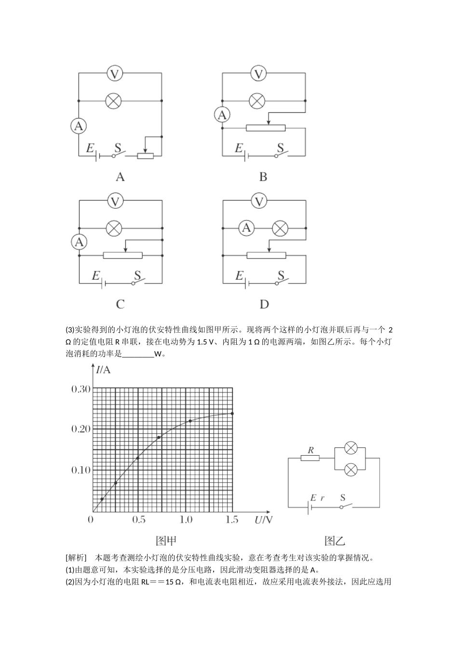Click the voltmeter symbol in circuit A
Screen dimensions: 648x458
click(114, 74)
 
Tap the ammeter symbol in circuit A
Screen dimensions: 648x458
click(79, 126)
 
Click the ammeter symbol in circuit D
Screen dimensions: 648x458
click(246, 228)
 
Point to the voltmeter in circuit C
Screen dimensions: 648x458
click(114, 201)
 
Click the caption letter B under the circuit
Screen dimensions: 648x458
click(263, 177)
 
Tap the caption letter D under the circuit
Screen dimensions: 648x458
click(264, 304)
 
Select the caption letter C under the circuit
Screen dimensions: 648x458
click(120, 304)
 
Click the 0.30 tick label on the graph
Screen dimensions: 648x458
click(81, 389)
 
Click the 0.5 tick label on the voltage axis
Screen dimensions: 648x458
click(139, 519)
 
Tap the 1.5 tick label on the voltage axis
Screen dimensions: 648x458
click(232, 519)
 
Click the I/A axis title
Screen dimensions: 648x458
click(103, 370)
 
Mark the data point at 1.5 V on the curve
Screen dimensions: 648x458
click(232, 413)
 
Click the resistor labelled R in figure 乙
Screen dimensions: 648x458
click(310, 458)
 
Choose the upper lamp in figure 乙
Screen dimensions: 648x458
click(351, 448)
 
